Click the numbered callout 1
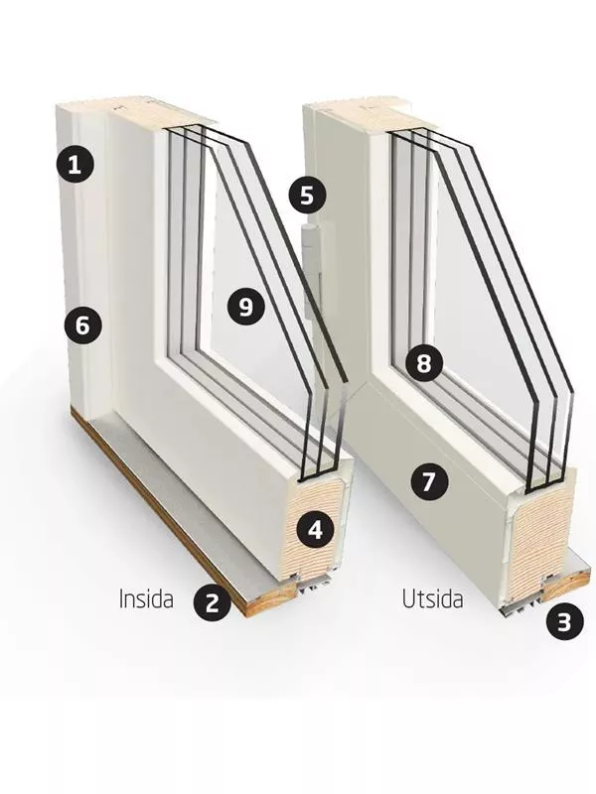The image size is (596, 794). point(74,164)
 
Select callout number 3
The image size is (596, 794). point(565,622)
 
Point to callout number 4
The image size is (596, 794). point(315,530)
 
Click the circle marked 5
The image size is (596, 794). point(308,196)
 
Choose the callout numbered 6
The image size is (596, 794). point(83,326)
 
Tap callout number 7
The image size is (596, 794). point(429,481)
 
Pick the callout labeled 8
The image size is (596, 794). point(424,363)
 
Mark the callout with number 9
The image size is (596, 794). point(245,307)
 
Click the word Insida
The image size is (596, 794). point(146,598)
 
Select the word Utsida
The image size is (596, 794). point(432,599)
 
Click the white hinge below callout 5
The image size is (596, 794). point(309,272)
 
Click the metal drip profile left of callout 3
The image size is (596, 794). point(522,606)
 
